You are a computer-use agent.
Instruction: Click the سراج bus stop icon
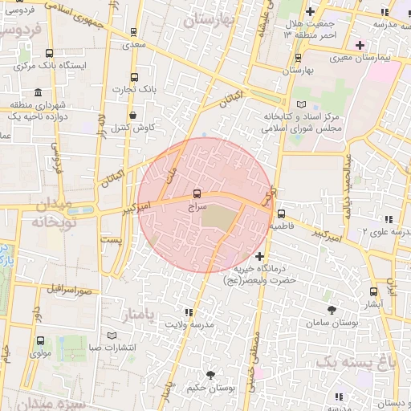coord(197,193)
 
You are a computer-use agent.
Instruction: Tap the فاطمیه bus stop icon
coord(281,214)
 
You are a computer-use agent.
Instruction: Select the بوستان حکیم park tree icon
coord(210,375)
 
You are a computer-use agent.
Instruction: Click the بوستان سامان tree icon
coord(331,309)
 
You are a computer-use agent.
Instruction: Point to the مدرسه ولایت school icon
coord(188,312)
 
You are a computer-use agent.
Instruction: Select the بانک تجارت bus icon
coord(134,79)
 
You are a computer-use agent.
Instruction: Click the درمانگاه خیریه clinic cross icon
coord(258,255)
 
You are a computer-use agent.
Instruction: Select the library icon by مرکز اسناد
coord(301,104)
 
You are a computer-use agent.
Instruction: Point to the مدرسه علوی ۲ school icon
coord(389,219)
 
